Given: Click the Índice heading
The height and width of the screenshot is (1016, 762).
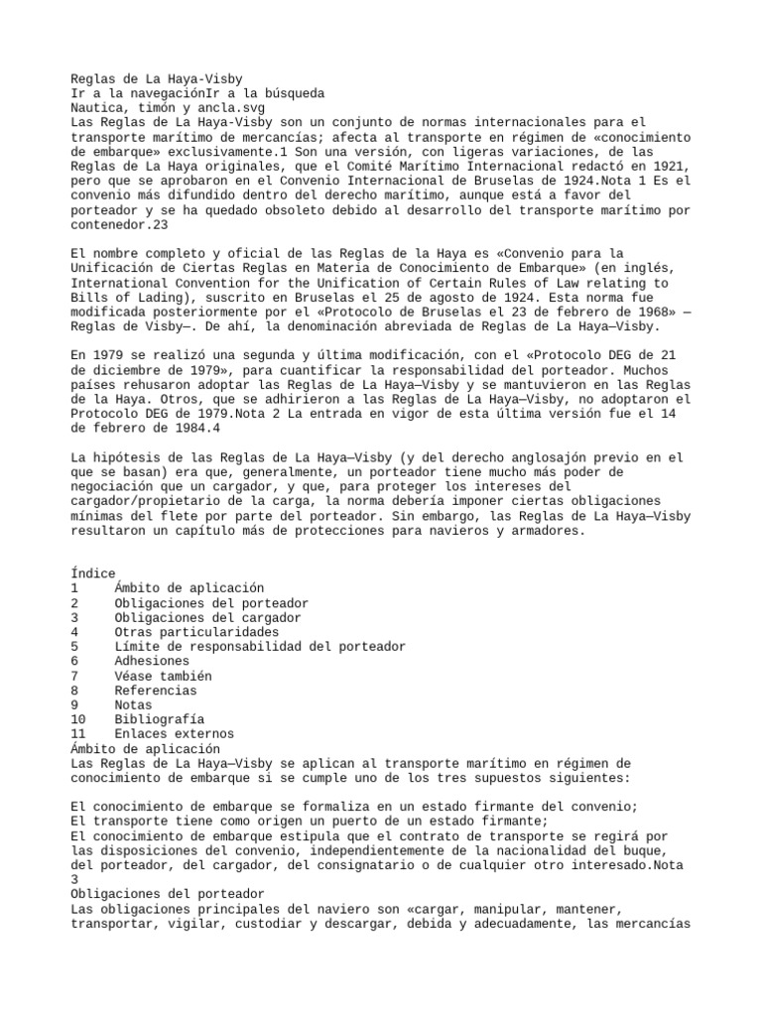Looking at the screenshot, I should pyautogui.click(x=93, y=573).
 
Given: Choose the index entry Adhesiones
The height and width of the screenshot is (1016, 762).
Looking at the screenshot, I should pyautogui.click(x=151, y=661).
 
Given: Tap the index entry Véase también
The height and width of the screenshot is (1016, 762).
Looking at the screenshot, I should pyautogui.click(x=163, y=676).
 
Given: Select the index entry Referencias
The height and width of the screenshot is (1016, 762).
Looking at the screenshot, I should pyautogui.click(x=155, y=691).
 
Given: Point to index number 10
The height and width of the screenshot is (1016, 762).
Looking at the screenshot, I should pyautogui.click(x=79, y=719).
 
